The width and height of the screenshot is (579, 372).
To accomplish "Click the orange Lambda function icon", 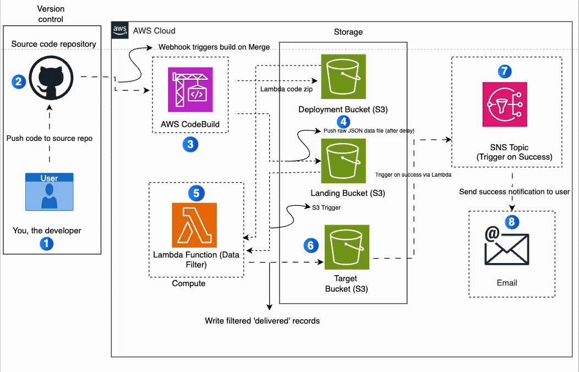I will pos(194,225).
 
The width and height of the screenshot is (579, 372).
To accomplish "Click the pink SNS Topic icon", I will pos(504,105).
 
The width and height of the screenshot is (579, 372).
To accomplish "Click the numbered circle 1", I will pos(46,243).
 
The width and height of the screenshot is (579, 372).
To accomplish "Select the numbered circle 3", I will pos(190,145).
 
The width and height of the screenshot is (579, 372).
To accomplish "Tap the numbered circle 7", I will pos(504,71).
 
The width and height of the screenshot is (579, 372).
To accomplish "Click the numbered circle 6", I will pos(311,245).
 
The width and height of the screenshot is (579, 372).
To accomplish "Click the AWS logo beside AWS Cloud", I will pos(119,30).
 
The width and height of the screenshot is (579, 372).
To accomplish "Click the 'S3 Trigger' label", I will pos(326,207).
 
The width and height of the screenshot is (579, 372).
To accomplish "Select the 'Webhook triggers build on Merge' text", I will pos(214,47).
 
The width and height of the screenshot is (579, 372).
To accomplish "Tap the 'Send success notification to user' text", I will pos(515,192).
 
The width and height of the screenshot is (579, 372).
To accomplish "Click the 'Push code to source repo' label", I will pos(50,138).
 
